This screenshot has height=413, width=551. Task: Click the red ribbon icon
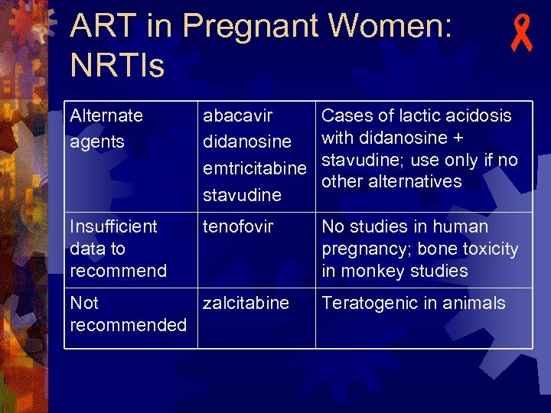[522, 35]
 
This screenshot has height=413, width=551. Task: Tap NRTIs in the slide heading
[117, 66]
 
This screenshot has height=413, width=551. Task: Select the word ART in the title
[100, 28]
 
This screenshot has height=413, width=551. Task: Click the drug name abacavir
[237, 115]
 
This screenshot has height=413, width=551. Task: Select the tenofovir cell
[238, 226]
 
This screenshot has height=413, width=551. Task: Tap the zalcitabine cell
[246, 303]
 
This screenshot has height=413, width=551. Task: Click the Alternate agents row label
[106, 128]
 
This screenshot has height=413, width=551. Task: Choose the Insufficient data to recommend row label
[118, 249]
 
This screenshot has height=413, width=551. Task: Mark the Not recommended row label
[128, 314]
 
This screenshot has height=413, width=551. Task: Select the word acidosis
[478, 115]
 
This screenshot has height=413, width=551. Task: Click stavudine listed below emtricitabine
[242, 195]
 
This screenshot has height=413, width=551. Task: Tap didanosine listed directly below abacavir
[246, 142]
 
